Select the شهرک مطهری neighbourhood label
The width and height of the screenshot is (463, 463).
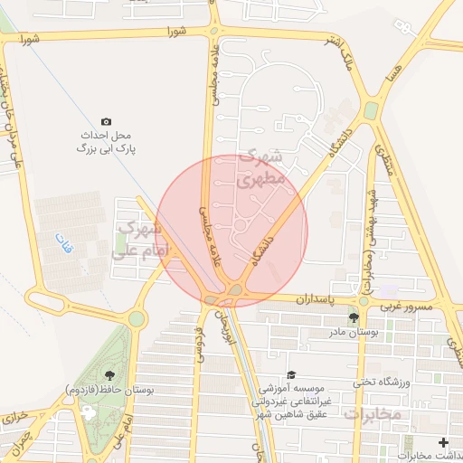tap(260, 169)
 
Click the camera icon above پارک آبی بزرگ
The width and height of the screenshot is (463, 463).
tap(106, 120)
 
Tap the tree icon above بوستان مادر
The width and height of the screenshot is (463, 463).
tap(353, 317)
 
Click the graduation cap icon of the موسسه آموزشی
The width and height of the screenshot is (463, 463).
tap(290, 373)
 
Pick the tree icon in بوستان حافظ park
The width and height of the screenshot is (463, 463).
tap(109, 373)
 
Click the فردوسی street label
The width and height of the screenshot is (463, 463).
tap(199, 345)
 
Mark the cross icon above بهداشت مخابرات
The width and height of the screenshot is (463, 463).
tap(442, 442)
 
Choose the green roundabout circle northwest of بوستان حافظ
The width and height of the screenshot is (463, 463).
tap(136, 318)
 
